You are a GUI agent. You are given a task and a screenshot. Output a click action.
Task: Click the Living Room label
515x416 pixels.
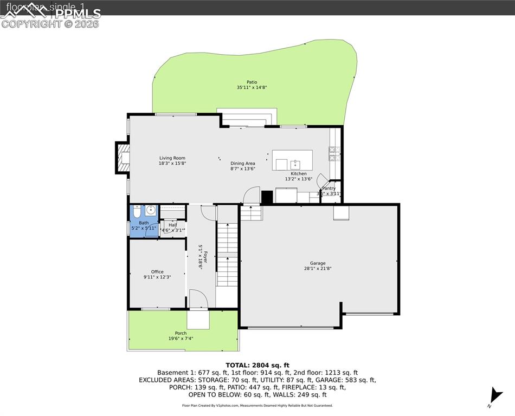(x=172, y=158)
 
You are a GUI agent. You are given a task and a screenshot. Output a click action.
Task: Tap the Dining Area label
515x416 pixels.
(x=243, y=164)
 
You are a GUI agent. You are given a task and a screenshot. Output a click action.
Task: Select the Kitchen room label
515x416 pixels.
(x=299, y=174)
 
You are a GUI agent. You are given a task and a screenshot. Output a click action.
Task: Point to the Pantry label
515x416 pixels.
(x=329, y=188)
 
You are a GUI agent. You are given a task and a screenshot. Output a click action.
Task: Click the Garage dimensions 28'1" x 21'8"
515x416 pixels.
(x=318, y=268)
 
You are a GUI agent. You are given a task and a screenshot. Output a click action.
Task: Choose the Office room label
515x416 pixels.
(x=157, y=272)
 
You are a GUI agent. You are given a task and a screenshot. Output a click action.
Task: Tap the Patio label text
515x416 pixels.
(x=252, y=82)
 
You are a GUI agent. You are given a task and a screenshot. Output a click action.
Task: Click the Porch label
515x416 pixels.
(x=181, y=333)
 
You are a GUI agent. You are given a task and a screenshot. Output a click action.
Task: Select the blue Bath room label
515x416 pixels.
(x=144, y=223)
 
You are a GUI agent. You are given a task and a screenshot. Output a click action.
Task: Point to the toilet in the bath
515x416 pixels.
(x=136, y=211)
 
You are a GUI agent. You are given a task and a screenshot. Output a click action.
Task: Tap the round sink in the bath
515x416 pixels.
(x=150, y=211)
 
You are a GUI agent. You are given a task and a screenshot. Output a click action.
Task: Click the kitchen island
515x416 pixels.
(x=292, y=160)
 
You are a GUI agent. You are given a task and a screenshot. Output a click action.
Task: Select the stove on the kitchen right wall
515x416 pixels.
(x=335, y=154)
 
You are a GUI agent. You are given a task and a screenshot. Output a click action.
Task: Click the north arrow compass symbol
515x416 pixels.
(x=494, y=395)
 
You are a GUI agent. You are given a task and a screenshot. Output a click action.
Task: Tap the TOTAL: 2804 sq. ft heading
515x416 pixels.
(x=257, y=365)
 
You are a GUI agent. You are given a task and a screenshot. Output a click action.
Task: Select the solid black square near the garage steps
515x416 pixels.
(x=267, y=197)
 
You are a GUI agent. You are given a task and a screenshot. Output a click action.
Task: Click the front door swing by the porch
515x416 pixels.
(x=197, y=299)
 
